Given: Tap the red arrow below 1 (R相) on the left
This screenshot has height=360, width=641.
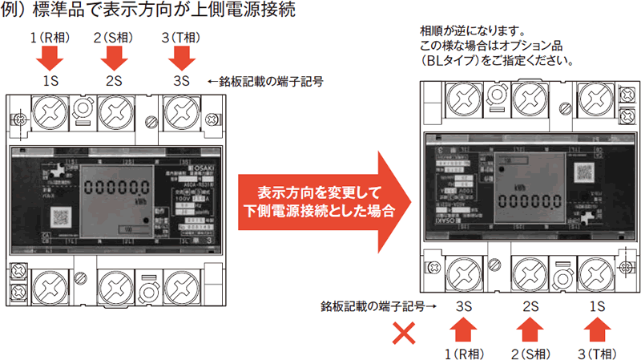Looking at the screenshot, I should [x=50, y=57].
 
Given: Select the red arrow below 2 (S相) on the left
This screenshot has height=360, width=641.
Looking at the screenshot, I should [x=114, y=57].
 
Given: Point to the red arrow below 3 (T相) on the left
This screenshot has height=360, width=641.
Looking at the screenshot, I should [x=180, y=57].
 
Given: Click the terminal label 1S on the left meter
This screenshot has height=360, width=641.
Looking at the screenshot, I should [x=50, y=81].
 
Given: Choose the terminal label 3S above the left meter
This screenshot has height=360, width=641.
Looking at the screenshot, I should [x=180, y=81].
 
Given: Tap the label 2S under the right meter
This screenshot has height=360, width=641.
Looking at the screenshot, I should [x=530, y=306].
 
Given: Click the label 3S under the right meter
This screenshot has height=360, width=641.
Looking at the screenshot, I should [x=463, y=306].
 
